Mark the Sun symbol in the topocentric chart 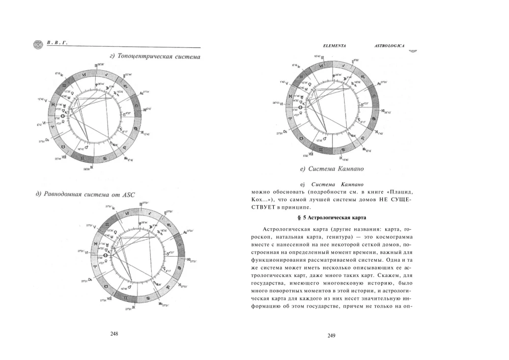click(63, 116)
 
